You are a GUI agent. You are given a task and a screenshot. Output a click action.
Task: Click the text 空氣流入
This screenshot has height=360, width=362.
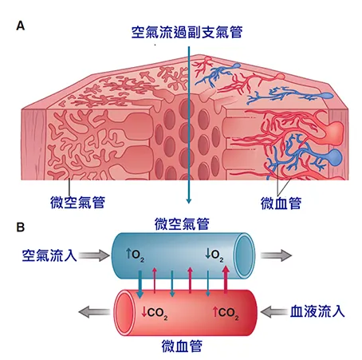47,255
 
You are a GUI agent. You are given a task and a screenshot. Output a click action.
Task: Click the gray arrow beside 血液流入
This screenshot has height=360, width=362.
273,311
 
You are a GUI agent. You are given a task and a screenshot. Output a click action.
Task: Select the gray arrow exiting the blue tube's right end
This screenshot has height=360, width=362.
278,255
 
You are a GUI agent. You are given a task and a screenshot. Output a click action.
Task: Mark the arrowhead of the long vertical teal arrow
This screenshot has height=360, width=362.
188,200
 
